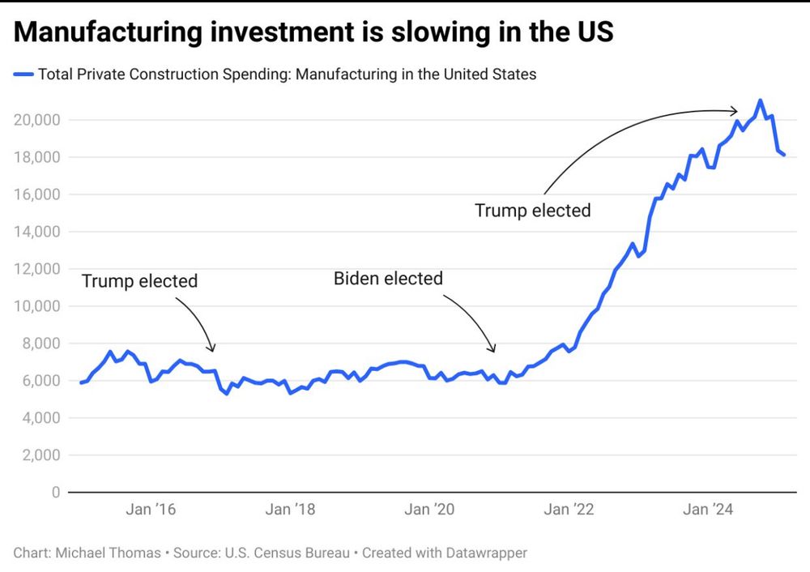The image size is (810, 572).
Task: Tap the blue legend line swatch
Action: [23, 75]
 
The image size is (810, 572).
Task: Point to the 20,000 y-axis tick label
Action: [37, 120]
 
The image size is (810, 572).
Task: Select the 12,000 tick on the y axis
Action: [37, 269]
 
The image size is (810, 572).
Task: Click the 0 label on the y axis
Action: [55, 493]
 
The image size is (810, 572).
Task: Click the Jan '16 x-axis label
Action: [151, 510]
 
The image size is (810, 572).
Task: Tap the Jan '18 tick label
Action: [291, 510]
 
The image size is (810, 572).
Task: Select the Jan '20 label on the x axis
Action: [430, 510]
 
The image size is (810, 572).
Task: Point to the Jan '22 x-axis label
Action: [569, 510]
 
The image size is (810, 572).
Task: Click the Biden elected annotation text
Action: [388, 280]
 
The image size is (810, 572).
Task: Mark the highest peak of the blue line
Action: [760, 100]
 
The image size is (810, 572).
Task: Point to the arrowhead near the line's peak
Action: [735, 111]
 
